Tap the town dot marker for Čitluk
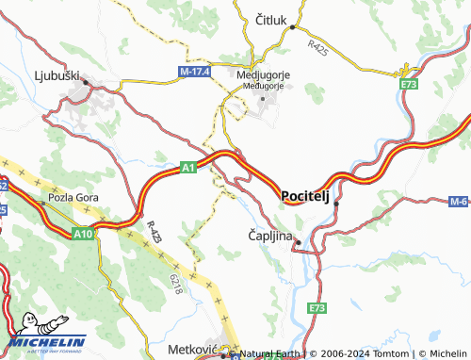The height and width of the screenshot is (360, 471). point(293,28)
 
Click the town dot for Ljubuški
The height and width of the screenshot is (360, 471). point(87,82)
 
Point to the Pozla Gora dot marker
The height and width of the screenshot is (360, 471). point(41,202)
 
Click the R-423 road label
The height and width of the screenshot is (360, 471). point(154,232)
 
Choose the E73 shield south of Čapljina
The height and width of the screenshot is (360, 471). point(316,308)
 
